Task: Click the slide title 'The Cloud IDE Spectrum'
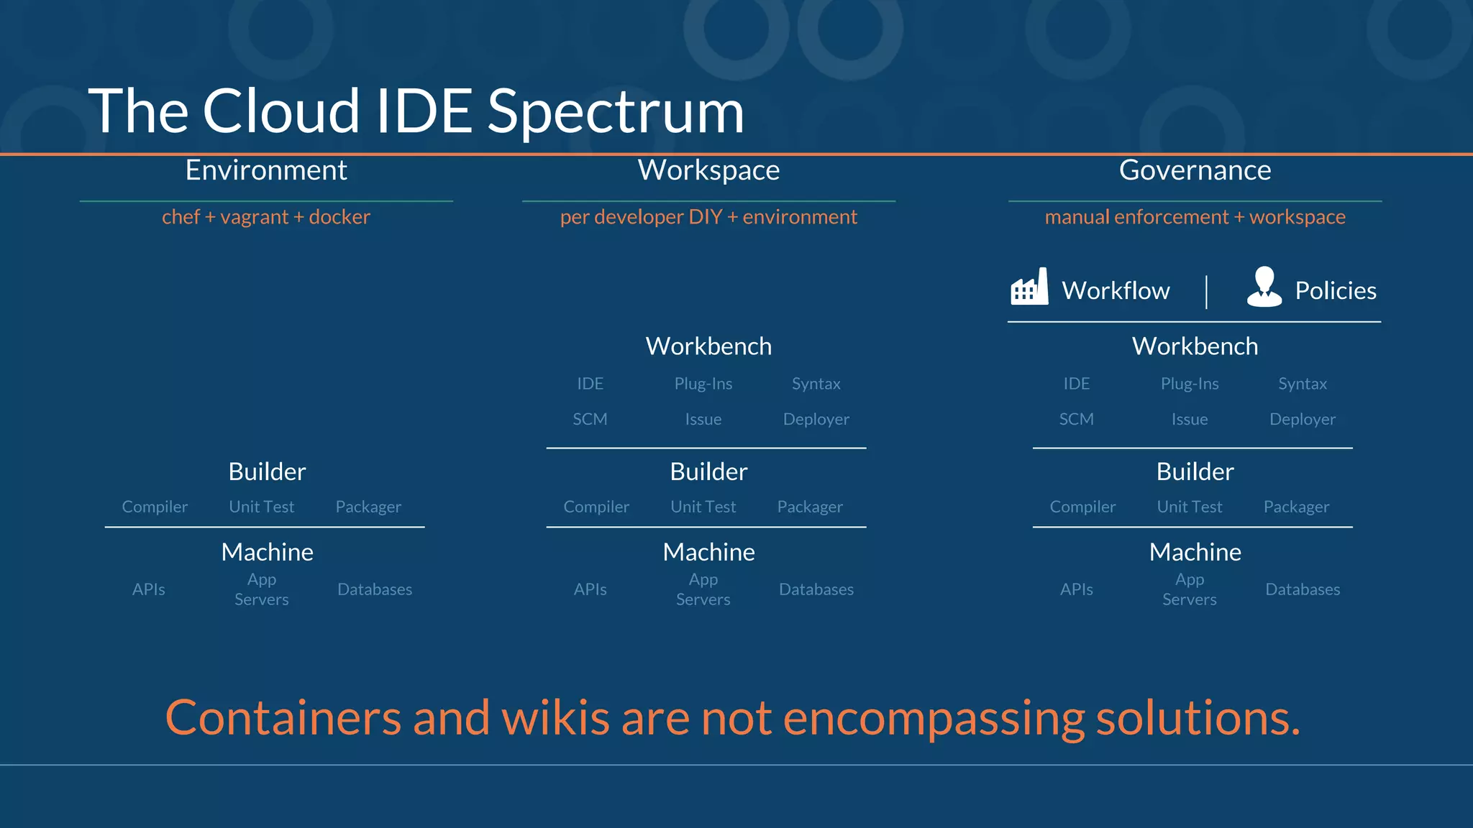tap(416, 111)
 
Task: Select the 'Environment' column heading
tap(266, 170)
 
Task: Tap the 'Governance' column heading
tap(1195, 170)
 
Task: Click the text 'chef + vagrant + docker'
tap(266, 217)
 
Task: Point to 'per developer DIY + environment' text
tap(708, 217)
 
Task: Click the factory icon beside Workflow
tap(1029, 287)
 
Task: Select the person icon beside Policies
tap(1264, 287)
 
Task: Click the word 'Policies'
tap(1336, 290)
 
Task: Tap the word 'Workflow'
tap(1116, 290)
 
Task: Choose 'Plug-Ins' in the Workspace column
tap(703, 384)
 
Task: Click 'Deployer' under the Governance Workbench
tap(1302, 419)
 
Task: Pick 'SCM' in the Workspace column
tap(590, 419)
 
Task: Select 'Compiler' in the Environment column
tap(155, 507)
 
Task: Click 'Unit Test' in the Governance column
tap(1189, 507)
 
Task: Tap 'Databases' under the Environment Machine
tap(375, 589)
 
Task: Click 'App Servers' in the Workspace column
tap(703, 589)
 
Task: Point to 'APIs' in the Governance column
tap(1076, 589)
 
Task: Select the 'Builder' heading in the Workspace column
tap(708, 471)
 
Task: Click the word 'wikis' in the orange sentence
tap(555, 717)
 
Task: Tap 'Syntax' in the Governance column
tap(1302, 384)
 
